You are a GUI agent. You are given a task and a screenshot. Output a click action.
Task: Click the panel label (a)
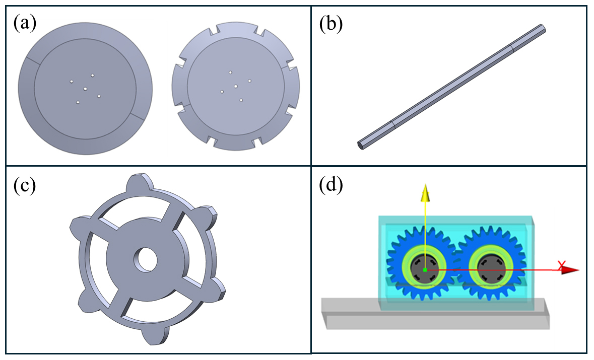[x=25, y=24]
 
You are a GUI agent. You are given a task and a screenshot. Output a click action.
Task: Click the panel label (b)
[x=331, y=24]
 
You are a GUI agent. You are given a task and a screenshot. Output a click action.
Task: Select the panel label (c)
[x=25, y=185]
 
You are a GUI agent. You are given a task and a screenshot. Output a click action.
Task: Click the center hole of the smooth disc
[x=85, y=89]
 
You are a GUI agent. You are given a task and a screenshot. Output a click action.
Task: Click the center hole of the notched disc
[x=236, y=86]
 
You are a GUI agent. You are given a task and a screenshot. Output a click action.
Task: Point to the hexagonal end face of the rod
[x=361, y=146]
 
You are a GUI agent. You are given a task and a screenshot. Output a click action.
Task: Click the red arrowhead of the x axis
[x=570, y=270]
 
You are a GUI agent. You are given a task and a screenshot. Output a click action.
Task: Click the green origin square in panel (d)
[x=425, y=270]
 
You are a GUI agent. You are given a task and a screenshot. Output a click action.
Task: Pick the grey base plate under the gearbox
[x=435, y=314]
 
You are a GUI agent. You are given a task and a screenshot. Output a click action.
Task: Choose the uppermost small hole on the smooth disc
[x=92, y=76]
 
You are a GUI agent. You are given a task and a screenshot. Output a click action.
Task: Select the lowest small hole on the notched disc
[x=241, y=100]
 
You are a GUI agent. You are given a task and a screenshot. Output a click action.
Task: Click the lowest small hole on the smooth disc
[x=78, y=102]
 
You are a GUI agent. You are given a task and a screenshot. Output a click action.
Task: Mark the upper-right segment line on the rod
[x=510, y=48]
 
